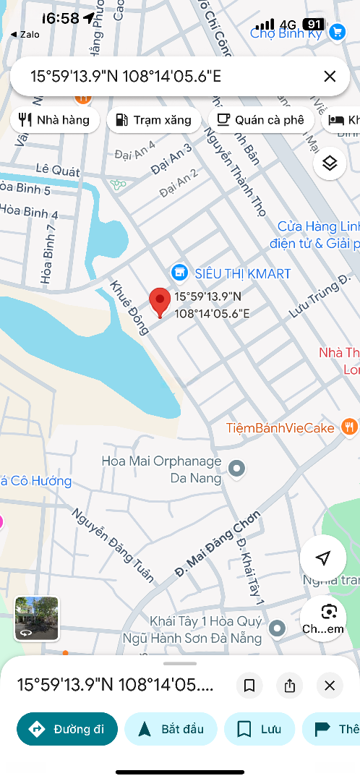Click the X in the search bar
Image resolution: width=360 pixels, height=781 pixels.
pos(330,76)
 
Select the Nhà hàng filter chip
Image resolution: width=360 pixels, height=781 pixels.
pos(54,120)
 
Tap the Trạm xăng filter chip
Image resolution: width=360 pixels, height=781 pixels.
pos(153,120)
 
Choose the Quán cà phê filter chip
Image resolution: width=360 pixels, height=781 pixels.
pos(261,120)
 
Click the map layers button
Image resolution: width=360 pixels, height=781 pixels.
pos(330,163)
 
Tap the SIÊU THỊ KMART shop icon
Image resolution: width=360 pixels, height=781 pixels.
pos(179,273)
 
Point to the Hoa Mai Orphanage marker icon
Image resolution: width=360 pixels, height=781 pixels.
pos(236,469)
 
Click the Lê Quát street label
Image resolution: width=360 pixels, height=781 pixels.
pos(57,169)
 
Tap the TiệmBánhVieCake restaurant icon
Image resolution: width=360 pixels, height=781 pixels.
pos(350,427)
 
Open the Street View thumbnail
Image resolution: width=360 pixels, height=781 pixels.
pos(36,618)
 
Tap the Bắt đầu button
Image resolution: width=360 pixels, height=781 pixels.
pos(170,728)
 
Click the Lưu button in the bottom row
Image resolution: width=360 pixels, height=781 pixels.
pos(259,728)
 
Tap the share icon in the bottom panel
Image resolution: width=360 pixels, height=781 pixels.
pos(290,686)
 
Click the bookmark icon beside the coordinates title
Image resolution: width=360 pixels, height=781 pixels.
pos(249,686)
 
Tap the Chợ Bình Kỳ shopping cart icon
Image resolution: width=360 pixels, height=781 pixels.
pos(337,32)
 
